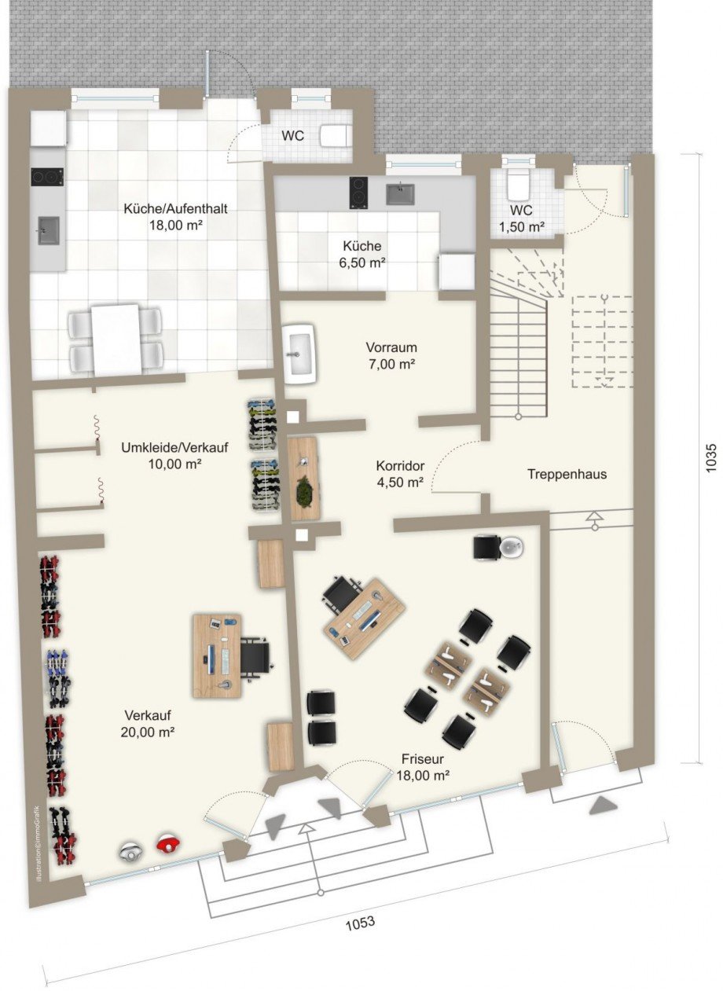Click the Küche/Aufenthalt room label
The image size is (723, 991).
coord(170,209)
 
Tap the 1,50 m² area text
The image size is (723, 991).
coord(522,227)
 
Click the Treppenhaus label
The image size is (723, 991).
coord(567,475)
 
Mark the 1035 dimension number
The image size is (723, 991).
coord(710,459)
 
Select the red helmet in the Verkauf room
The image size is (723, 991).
coord(169,842)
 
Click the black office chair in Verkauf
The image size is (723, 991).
coord(255,655)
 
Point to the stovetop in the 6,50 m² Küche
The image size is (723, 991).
coord(359,193)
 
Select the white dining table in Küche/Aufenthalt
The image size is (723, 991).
coord(116,339)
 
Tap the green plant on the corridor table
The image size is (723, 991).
coord(303,492)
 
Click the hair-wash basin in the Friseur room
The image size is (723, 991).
coord(512,549)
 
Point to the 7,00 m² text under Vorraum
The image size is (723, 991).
coord(391,364)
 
